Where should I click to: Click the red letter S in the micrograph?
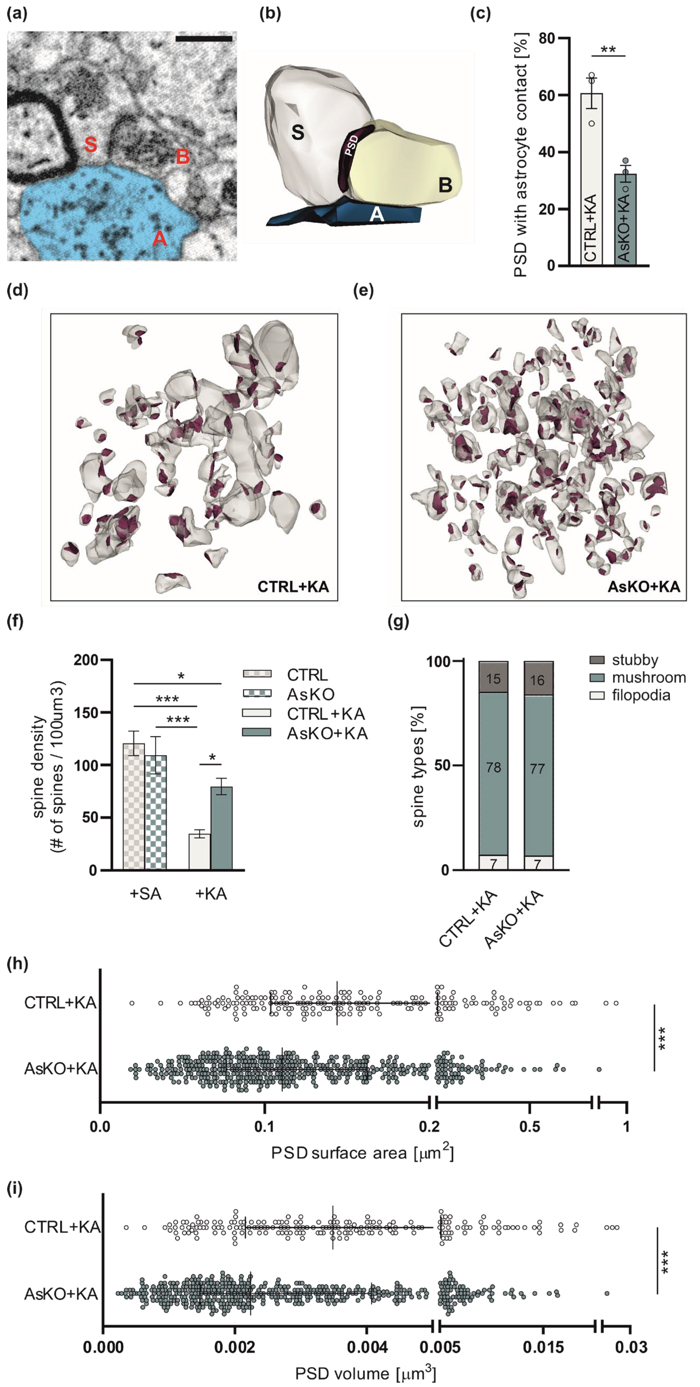click(x=90, y=144)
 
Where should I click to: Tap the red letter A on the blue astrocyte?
click(x=159, y=238)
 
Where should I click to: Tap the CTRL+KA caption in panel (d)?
click(x=293, y=586)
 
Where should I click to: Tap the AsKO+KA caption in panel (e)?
click(x=644, y=586)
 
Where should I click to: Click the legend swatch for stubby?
click(x=597, y=660)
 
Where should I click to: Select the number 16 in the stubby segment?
click(x=537, y=680)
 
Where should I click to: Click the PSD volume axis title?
click(x=366, y=1373)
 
